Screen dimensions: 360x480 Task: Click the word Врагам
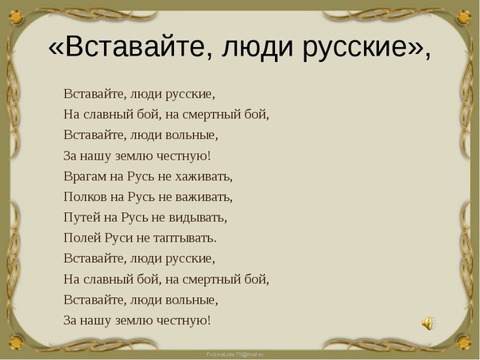[84, 176]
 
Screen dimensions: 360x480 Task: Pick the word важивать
[205, 196]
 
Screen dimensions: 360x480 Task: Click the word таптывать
[188, 238]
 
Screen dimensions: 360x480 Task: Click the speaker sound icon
[428, 323]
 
